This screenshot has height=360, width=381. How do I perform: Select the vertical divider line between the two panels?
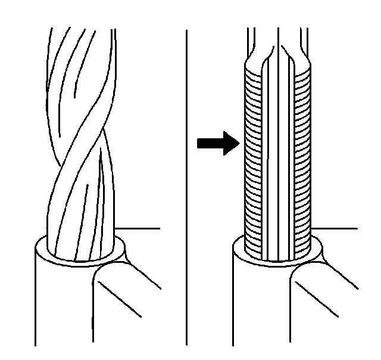coord(186,179)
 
